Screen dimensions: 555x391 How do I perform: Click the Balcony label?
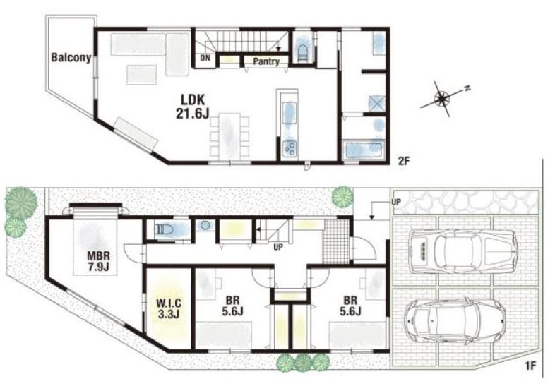pos(71,58)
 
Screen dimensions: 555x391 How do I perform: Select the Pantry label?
pos(265,61)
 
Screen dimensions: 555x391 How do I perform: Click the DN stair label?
pos(205,59)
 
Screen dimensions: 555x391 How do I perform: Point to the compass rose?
pos(443,97)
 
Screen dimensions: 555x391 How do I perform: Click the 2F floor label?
pos(403,162)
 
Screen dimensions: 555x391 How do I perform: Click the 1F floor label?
pos(531,365)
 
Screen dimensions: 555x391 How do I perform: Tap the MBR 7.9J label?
pos(98,261)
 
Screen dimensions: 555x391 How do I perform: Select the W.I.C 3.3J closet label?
pos(169,308)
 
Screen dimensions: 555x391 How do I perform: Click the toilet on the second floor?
pos(302,52)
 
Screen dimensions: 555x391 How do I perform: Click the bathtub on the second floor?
pos(365,150)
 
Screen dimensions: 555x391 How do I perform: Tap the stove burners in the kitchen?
pos(290,148)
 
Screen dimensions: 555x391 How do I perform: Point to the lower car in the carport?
pos(455,320)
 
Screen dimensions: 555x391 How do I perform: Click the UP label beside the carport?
pos(396,202)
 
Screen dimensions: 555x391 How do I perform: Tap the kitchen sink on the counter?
pos(290,113)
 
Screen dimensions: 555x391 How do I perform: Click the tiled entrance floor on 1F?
pos(336,241)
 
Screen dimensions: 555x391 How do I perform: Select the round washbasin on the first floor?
pos(205,225)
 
